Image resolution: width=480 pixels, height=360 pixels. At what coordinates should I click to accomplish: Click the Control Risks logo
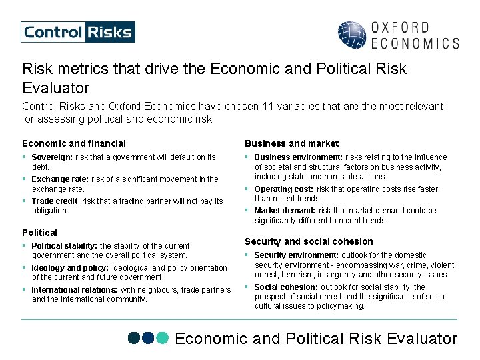tap(77, 32)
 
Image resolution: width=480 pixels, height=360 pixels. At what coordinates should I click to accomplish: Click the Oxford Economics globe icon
tap(351, 35)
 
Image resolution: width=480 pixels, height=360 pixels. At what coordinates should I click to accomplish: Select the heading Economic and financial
tap(74, 143)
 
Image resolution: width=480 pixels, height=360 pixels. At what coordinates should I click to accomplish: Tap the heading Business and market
tap(291, 143)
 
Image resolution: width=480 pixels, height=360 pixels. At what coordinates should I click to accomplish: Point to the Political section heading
tap(40, 233)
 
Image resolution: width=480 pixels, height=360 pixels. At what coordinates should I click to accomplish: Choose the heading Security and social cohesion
tap(309, 241)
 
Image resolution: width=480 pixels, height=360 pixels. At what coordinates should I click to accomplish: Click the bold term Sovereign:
tap(52, 157)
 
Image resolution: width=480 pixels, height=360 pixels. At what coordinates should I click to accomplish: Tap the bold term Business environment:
tap(298, 157)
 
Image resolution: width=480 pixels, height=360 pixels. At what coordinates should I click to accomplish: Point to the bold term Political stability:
tap(64, 246)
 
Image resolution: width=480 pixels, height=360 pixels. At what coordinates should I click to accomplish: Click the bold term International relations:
tap(75, 290)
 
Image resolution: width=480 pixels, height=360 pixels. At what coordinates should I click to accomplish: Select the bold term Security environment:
tap(297, 255)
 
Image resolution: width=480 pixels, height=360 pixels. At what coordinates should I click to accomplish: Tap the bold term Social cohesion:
tap(285, 287)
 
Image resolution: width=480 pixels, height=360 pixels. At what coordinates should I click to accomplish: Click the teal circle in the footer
tap(163, 338)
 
